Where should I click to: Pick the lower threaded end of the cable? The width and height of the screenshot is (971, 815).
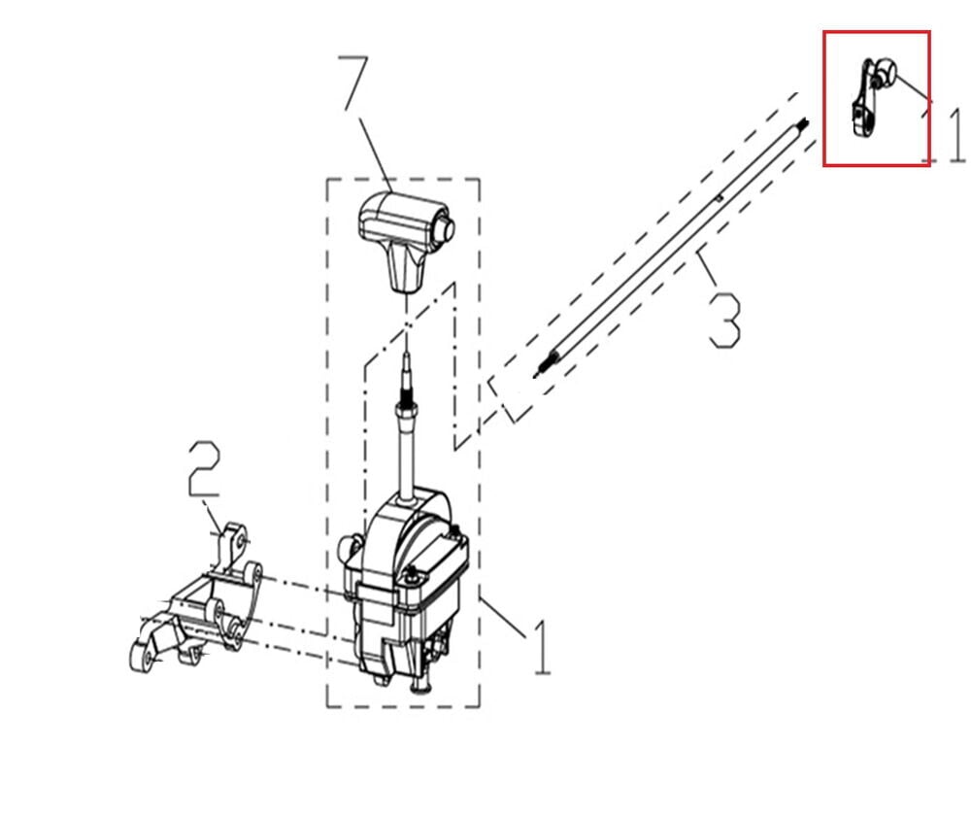(x=546, y=364)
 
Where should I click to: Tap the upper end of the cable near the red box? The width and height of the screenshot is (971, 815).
(x=802, y=125)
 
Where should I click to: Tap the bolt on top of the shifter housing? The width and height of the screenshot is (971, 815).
(x=415, y=574)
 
